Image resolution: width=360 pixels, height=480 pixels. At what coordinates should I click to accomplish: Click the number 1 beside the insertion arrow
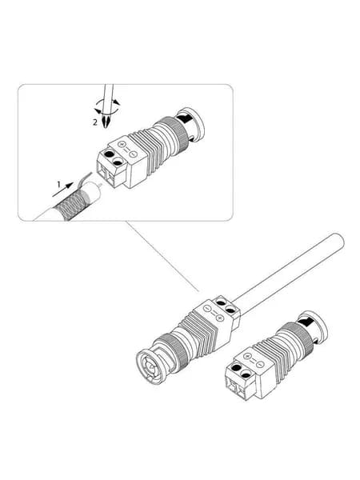coord(59,184)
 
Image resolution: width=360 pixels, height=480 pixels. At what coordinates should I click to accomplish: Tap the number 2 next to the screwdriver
coord(95,122)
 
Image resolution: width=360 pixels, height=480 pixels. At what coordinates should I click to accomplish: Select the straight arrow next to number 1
coord(62,190)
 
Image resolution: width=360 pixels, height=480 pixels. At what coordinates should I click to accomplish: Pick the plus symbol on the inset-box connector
coord(122,144)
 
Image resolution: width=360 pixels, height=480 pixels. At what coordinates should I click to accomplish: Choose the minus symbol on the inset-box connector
coord(133,154)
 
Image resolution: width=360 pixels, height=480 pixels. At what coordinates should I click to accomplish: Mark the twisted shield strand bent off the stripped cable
coord(85,180)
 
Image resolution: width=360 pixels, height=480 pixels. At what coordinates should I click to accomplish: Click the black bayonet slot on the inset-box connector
coord(184,118)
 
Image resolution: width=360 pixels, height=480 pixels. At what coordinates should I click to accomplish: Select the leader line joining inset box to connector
coord(162,256)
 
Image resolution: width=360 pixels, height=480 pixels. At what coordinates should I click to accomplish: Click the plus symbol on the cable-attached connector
coord(220,318)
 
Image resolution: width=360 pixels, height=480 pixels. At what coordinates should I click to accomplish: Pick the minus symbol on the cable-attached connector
coord(207,308)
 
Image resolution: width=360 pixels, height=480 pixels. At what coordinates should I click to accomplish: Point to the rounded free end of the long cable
coord(339,241)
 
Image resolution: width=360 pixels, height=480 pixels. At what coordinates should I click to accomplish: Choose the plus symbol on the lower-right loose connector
coord(248,356)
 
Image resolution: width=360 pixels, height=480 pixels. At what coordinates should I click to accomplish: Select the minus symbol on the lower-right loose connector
coord(259,364)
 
